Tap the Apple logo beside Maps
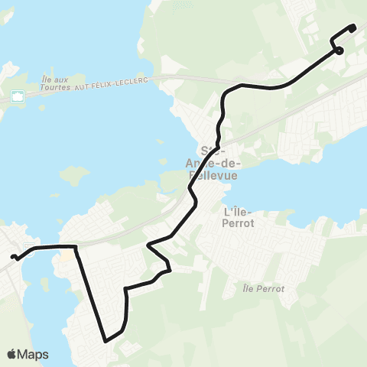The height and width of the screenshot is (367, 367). [12, 354]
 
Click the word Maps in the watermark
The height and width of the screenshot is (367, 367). [34, 354]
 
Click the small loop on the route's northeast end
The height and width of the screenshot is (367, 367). [338, 51]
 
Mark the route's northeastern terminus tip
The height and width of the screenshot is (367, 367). [353, 28]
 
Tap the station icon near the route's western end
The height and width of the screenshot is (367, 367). [28, 248]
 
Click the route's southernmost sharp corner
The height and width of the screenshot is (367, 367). [106, 340]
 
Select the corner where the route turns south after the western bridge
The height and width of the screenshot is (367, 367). [75, 247]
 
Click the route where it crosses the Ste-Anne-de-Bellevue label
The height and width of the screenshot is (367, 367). [216, 145]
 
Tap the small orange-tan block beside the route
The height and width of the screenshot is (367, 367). [67, 255]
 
